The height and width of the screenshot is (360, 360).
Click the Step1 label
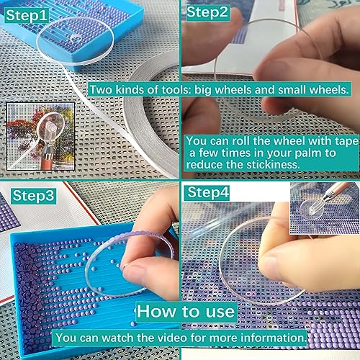[27, 16]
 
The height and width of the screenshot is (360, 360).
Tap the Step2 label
[207, 12]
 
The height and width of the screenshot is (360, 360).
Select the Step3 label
[33, 196]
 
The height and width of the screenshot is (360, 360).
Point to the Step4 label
[207, 193]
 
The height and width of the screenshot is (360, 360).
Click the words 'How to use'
[186, 312]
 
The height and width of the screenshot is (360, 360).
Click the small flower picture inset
[41, 136]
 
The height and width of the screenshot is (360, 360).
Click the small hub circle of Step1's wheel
[76, 38]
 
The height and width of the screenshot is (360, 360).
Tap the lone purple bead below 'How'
[133, 324]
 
